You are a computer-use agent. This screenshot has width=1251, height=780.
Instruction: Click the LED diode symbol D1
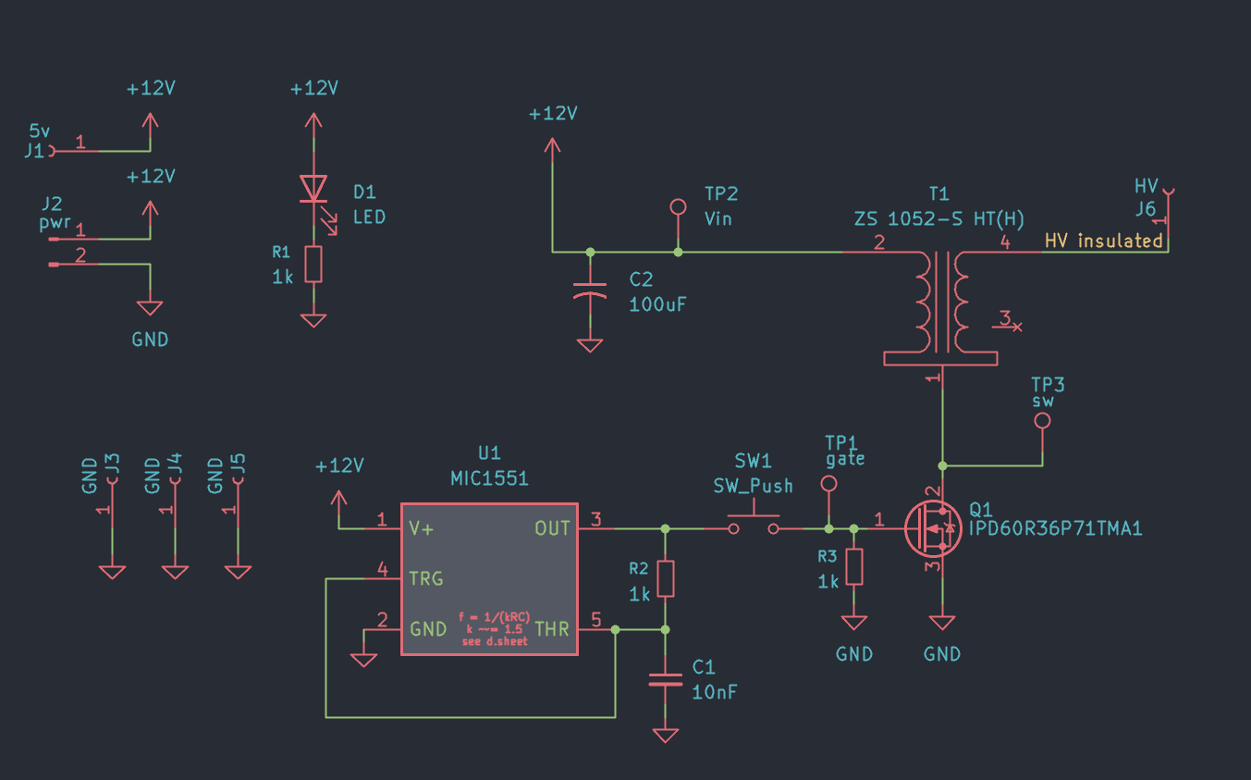point(314,189)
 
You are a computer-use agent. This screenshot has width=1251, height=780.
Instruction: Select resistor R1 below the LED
point(314,264)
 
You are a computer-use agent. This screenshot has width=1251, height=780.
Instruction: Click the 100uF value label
point(657,303)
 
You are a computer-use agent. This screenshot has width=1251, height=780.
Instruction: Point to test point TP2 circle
point(678,206)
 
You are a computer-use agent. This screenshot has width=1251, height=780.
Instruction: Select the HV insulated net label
point(1103,241)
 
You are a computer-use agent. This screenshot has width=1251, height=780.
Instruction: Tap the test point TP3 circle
point(1042,421)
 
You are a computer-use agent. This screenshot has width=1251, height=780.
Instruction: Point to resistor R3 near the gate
point(854,566)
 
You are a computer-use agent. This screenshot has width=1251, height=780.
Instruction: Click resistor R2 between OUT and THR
point(665,578)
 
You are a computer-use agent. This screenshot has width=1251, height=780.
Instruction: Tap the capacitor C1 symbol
point(665,679)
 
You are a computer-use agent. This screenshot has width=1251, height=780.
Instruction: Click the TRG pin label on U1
point(425,579)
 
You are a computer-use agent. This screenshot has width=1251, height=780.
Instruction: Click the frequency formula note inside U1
point(494,628)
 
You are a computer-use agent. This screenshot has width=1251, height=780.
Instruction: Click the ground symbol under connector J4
point(175,572)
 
